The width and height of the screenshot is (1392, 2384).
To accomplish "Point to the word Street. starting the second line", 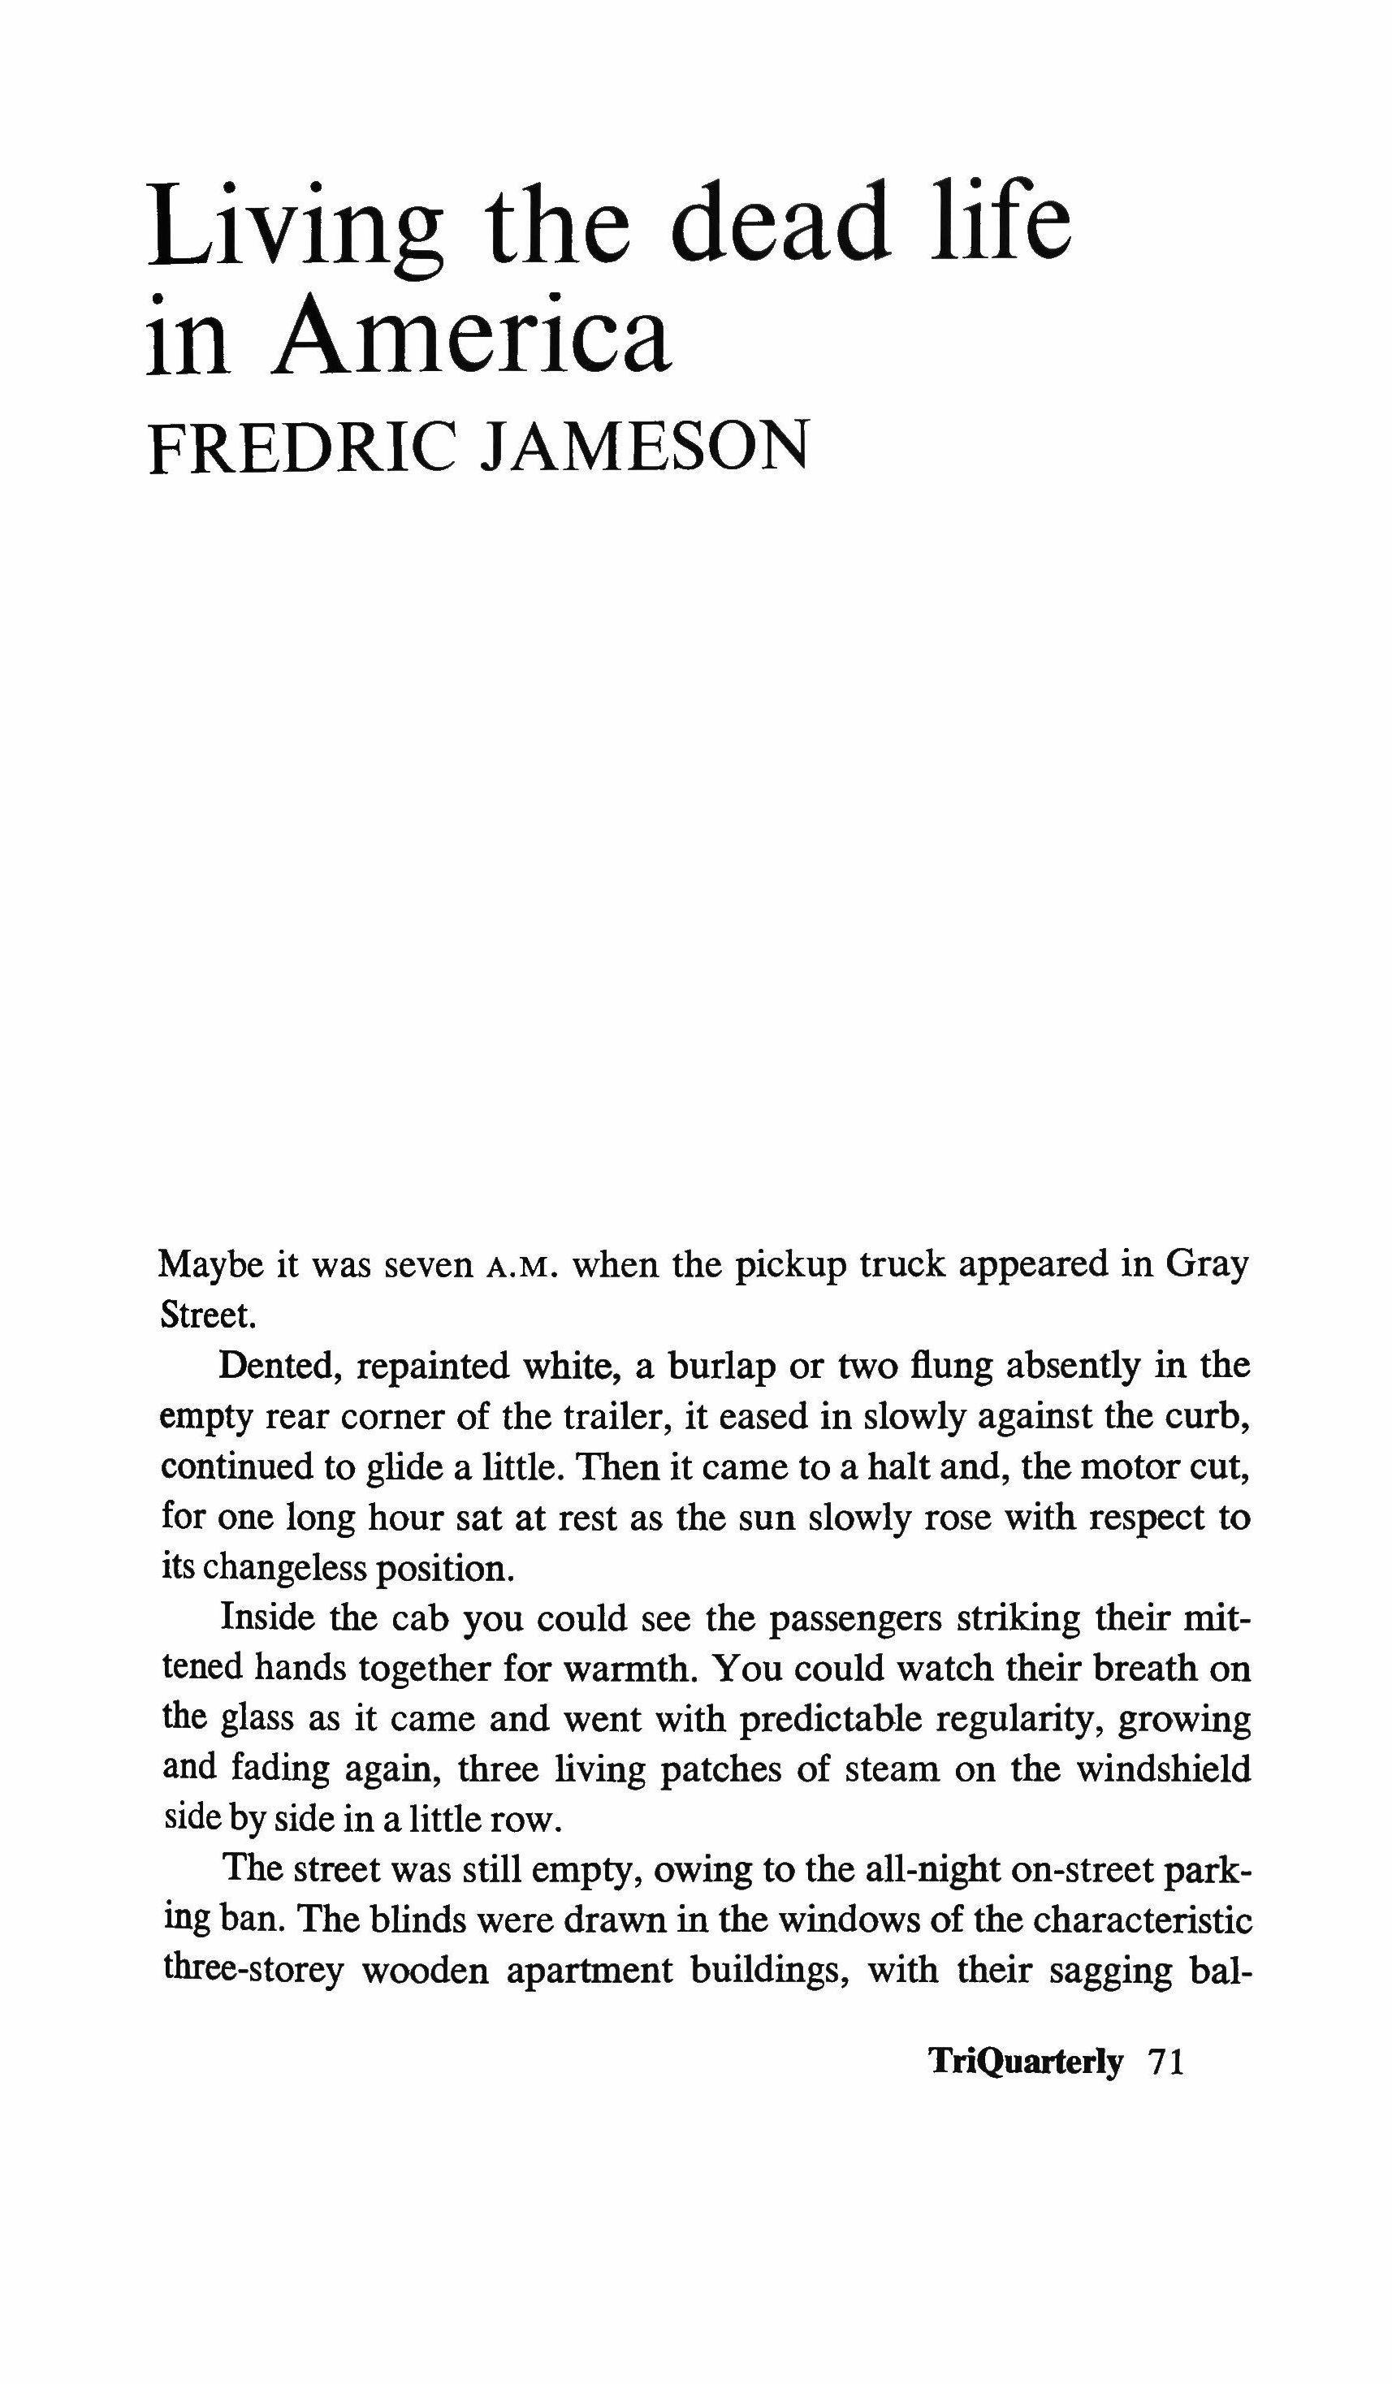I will coord(208,1316).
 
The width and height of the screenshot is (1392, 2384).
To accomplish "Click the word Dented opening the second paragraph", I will coord(281,1367).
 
